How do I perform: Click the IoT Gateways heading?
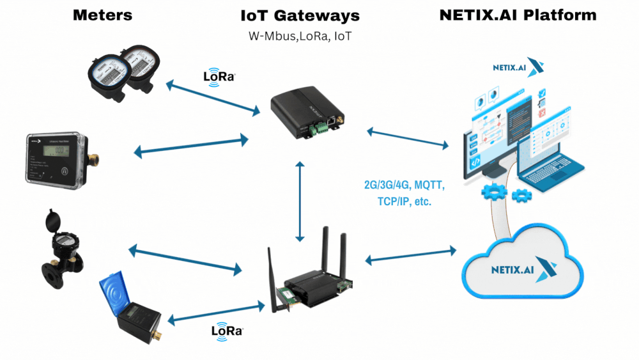(x=299, y=15)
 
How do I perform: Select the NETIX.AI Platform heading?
(x=518, y=15)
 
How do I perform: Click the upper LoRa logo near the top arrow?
(x=219, y=76)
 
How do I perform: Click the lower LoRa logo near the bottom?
(x=227, y=331)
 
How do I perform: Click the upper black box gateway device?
(x=305, y=113)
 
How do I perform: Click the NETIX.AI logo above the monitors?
(x=517, y=67)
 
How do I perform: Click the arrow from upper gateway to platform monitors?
(x=408, y=138)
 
